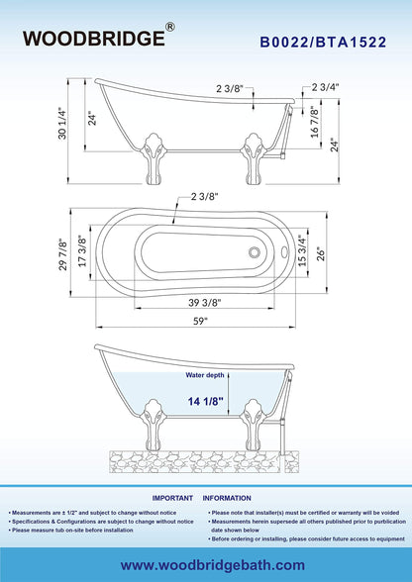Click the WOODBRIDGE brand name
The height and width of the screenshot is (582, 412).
94,39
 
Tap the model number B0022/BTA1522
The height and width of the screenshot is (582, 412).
323,43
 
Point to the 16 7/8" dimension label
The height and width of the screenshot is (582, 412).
315,122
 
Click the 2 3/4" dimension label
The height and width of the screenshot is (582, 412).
326,87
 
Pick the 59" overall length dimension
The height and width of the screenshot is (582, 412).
199,322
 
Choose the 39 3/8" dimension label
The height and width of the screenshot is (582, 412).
205,303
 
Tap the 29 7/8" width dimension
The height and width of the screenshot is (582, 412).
64,254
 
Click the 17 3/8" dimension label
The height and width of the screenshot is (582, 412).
82,251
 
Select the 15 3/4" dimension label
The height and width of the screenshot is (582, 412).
303,250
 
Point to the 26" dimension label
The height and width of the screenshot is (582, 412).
321,254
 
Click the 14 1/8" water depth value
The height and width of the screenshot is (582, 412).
205,401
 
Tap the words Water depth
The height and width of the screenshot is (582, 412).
205,375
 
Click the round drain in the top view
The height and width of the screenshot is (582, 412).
255,252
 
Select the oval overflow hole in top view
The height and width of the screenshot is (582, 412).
285,252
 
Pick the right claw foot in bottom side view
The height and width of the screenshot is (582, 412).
253,425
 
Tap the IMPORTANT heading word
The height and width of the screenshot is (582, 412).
172,498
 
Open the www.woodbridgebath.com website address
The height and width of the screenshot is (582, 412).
213,565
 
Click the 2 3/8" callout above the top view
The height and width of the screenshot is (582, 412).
205,197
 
